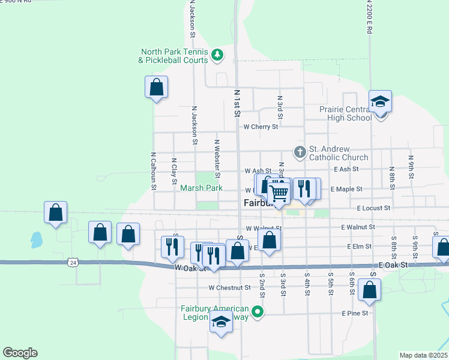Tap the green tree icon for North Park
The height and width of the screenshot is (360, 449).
pos(217,56)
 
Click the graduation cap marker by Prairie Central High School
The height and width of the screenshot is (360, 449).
pos(380,102)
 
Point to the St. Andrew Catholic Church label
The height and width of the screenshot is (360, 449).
pos(338,153)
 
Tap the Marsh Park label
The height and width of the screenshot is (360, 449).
pos(202,188)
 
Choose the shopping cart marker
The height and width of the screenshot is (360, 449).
pos(279,192)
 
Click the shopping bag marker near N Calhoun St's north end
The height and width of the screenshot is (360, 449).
pos(156,87)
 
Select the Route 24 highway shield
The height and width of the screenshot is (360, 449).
pos(73,262)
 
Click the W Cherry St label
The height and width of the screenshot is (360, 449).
pos(261,127)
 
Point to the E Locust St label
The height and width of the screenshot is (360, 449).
pos(373,208)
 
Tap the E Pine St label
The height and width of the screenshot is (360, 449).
pos(354,313)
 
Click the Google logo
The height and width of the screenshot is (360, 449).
pos(20,352)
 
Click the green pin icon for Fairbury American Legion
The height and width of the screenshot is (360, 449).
pos(258,311)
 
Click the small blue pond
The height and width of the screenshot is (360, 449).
pos(36,240)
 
